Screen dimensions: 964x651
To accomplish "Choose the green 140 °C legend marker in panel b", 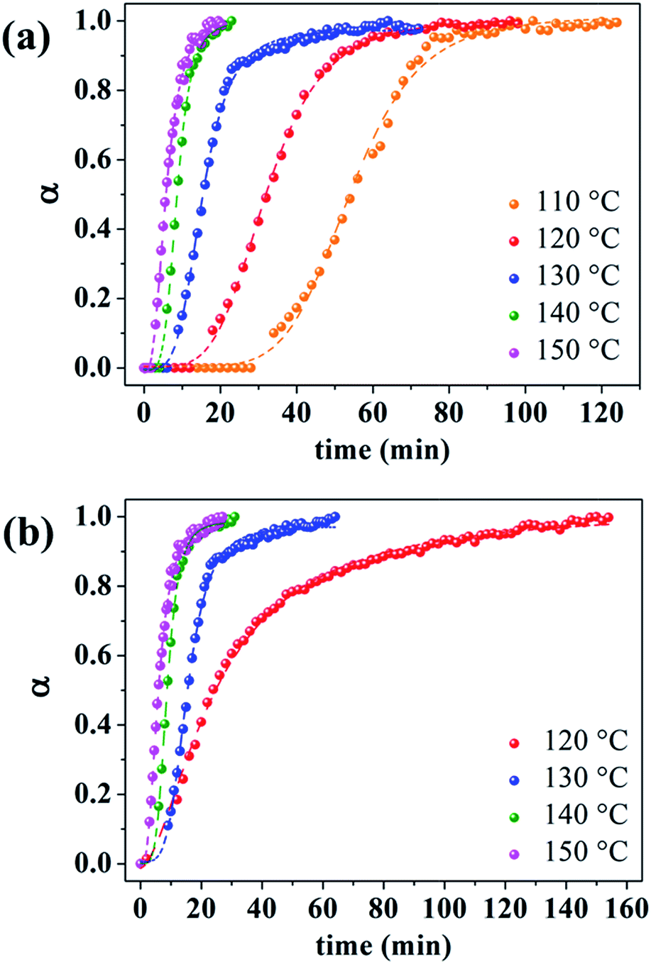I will [x=515, y=816].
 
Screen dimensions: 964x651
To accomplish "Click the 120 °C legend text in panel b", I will [x=586, y=741].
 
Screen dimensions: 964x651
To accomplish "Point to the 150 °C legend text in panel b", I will [x=586, y=851].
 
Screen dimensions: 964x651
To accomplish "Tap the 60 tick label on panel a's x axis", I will [x=372, y=413].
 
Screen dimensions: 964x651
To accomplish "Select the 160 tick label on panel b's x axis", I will [x=627, y=909].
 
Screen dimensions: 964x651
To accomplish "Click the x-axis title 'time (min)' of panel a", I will [x=382, y=450].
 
